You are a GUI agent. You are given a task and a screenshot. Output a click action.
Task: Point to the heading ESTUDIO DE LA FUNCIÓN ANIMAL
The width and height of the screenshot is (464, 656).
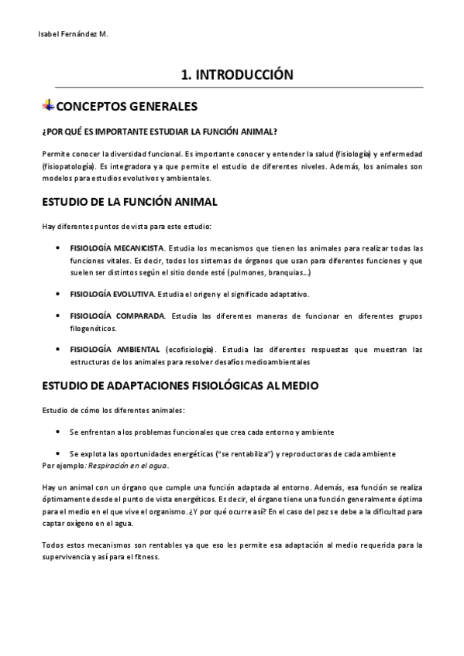(129, 202)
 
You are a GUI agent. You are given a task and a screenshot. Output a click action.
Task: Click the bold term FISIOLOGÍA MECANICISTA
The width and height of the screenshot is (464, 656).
(117, 248)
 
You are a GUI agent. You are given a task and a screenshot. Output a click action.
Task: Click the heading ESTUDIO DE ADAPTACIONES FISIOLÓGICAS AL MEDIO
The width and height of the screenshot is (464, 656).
(180, 385)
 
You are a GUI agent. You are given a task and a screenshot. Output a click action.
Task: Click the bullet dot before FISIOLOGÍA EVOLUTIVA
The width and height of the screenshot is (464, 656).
(60, 295)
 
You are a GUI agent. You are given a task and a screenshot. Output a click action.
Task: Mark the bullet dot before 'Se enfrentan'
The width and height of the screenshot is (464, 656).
(60, 431)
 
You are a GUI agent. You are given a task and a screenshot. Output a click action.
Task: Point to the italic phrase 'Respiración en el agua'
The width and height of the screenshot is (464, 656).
(127, 466)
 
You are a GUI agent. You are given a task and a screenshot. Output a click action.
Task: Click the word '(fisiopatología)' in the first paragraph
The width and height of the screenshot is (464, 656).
(68, 166)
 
